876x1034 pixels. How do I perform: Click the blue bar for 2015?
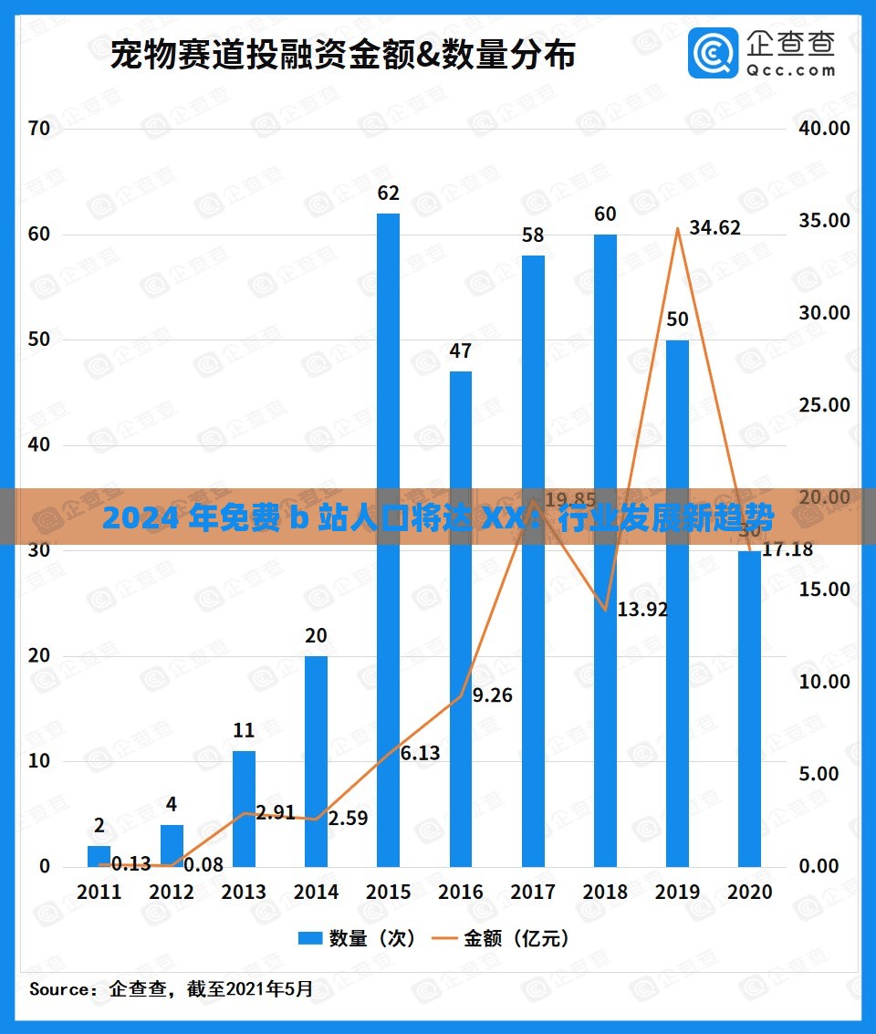coord(388,538)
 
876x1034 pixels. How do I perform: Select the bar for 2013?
coord(244,809)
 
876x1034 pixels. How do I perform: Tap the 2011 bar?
coord(99,856)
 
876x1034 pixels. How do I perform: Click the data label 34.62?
coord(714,228)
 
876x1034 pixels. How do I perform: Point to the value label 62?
coord(388,193)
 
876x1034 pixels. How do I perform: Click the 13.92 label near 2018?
coord(642,610)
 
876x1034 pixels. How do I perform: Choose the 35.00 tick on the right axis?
coord(823,221)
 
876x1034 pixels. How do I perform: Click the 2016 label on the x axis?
coord(461,893)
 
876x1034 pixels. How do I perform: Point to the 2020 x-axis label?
coord(748,893)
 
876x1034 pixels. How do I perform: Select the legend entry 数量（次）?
coord(357,938)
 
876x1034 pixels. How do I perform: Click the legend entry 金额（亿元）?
coord(503,938)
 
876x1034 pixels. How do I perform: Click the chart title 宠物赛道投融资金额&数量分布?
coord(342,56)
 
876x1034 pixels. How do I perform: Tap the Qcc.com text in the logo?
coord(789,69)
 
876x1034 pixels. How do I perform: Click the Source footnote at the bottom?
coord(172,988)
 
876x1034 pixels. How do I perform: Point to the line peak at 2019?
coord(677,228)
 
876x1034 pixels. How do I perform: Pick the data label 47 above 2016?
coord(461,351)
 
